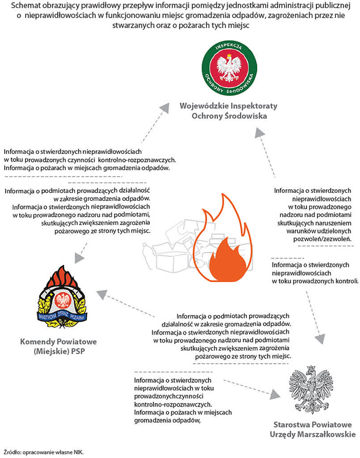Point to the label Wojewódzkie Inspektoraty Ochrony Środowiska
(x=229, y=110)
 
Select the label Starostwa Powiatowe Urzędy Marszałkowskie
(x=313, y=429)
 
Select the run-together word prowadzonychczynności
(x=169, y=396)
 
